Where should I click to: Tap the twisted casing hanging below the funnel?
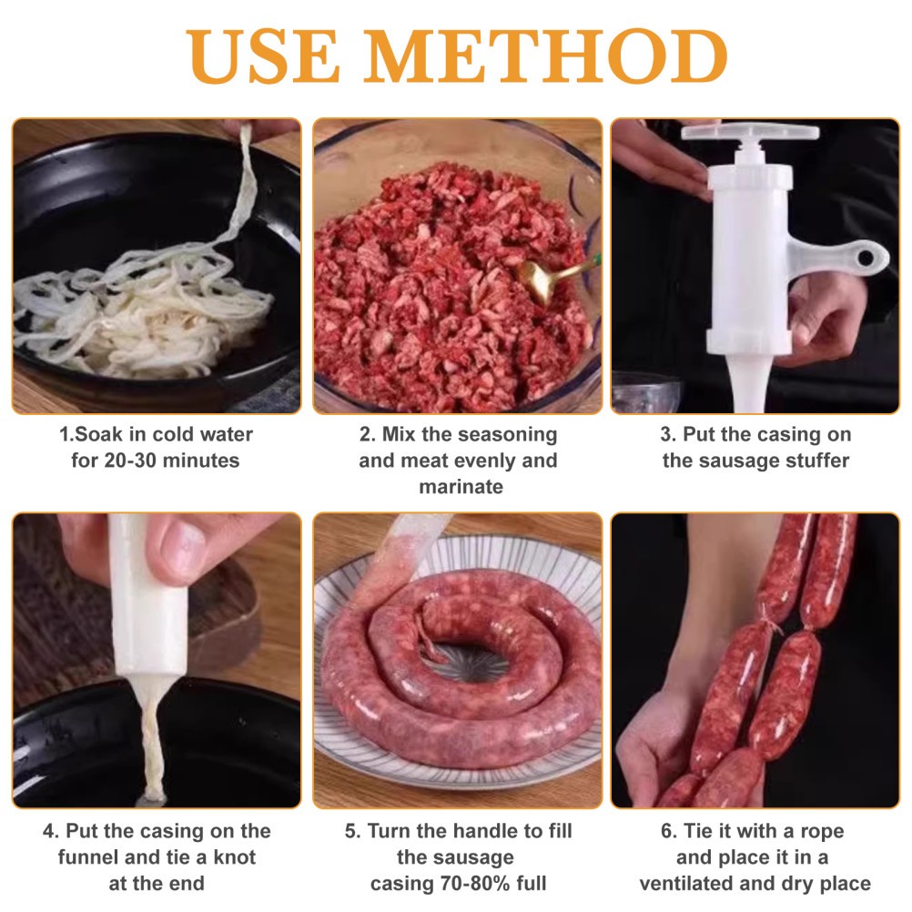point(151,739)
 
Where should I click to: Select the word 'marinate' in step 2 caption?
point(461,486)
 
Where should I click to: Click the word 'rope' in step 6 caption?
point(822,831)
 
